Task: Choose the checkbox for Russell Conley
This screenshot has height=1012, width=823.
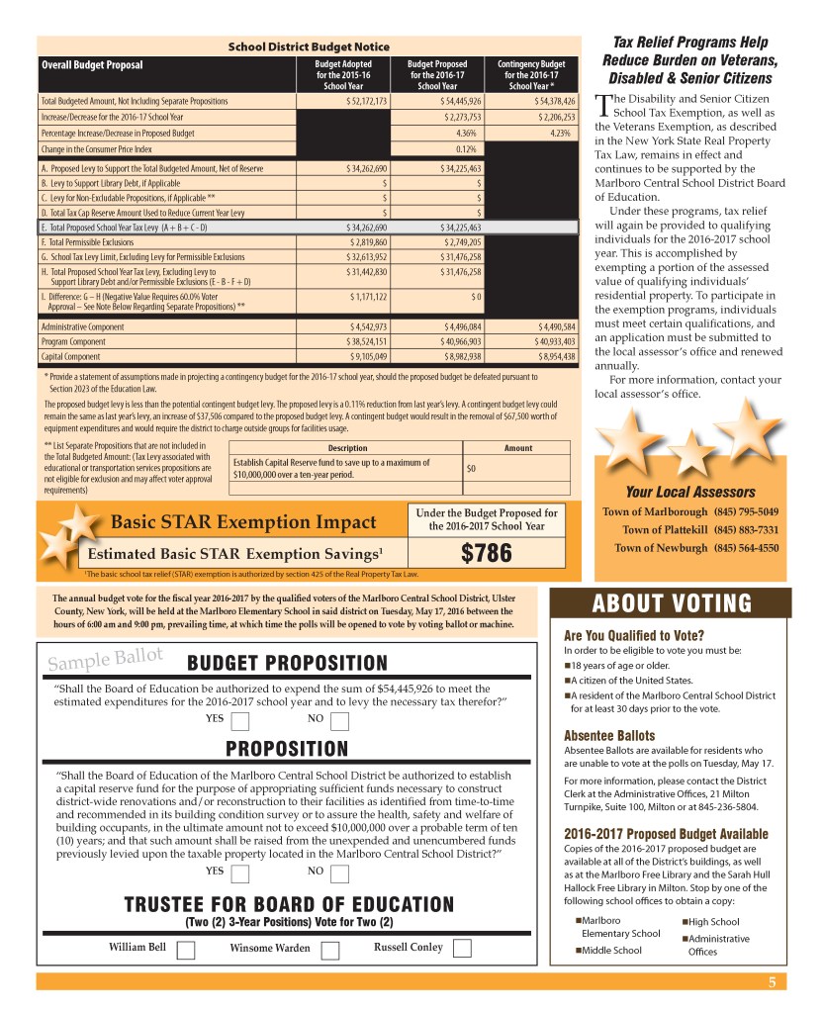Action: tap(462, 949)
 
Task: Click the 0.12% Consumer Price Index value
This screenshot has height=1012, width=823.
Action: tap(468, 148)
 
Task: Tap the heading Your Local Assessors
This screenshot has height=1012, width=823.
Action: tap(689, 492)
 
